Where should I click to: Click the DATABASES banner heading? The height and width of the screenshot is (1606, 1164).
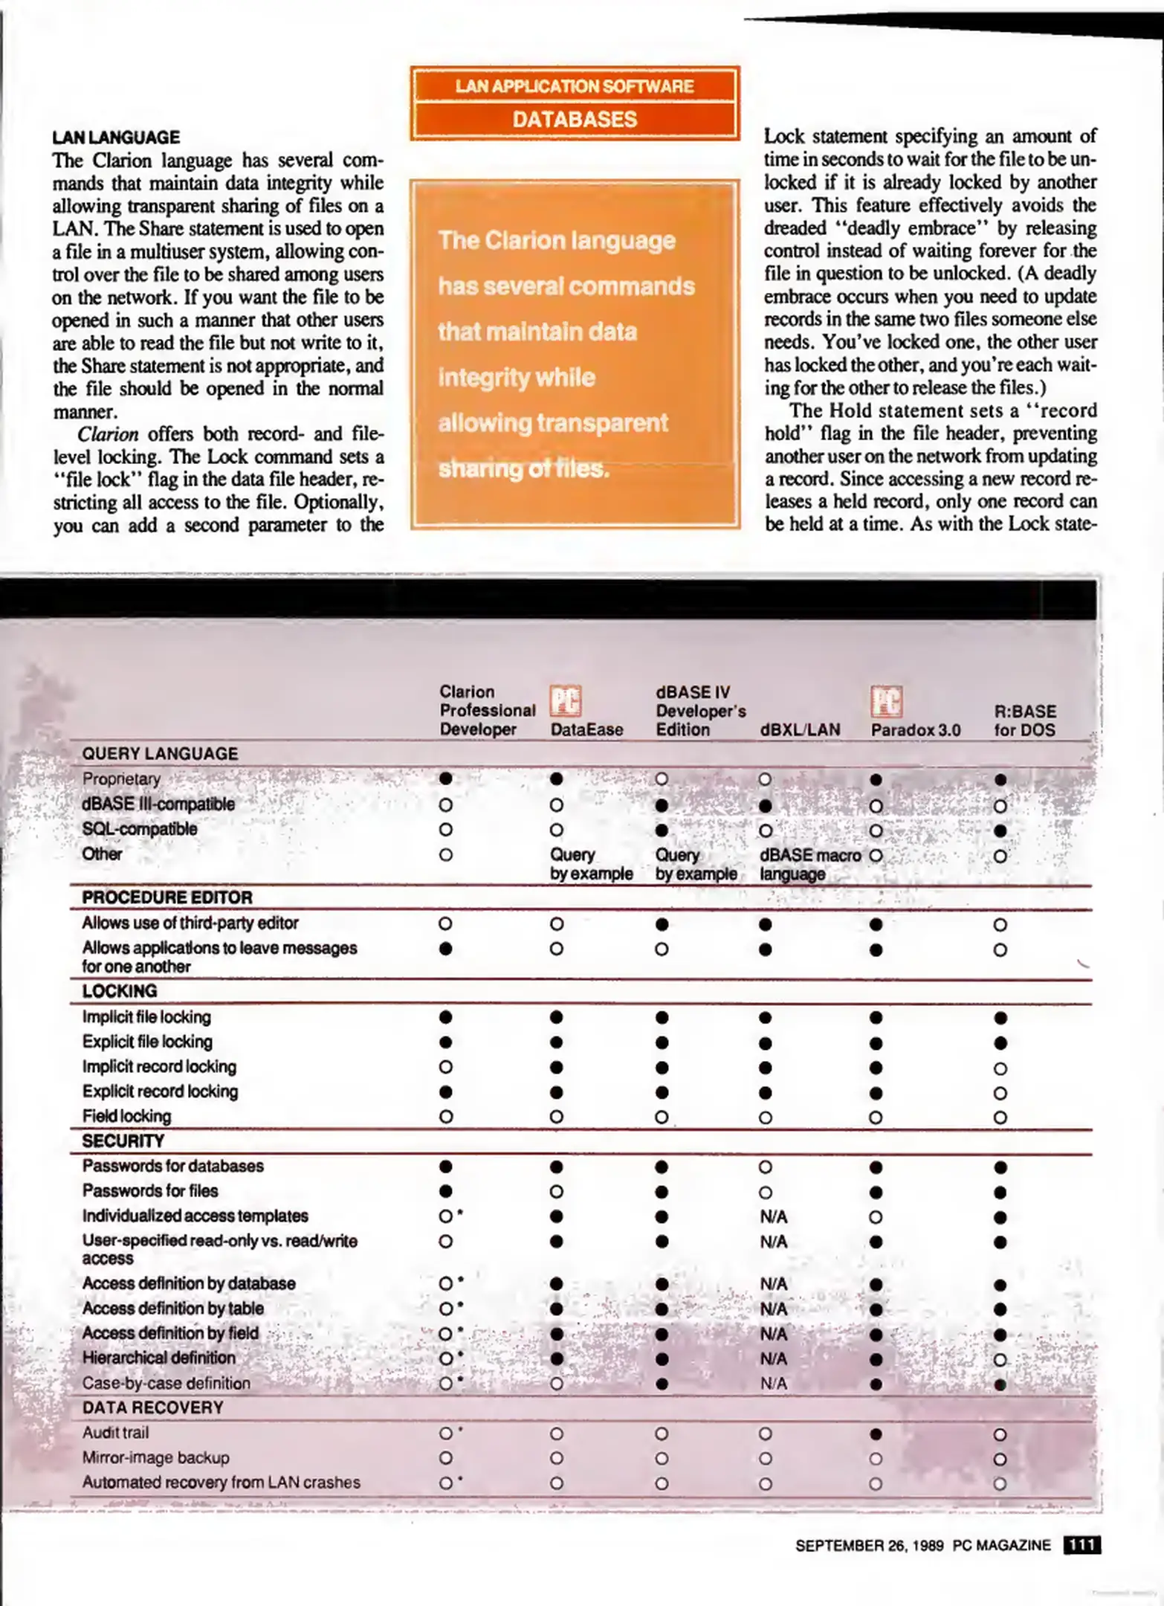tap(575, 119)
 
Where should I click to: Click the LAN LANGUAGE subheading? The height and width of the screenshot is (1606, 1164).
tap(116, 138)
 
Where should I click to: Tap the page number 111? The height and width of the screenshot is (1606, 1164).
tap(1081, 1545)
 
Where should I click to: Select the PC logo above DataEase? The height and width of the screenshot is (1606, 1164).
tap(565, 701)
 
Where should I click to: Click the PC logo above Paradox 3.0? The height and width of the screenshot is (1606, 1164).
tap(886, 701)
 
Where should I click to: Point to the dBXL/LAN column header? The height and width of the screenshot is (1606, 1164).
tap(800, 730)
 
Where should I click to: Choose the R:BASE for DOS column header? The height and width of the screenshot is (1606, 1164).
tap(1024, 720)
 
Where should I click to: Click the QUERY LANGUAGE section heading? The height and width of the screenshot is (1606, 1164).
tap(160, 754)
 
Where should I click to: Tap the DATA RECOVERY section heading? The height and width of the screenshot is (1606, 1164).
tap(152, 1407)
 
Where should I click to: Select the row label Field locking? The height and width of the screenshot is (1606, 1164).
tap(126, 1116)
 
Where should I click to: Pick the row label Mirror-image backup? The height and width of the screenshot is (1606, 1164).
tap(155, 1457)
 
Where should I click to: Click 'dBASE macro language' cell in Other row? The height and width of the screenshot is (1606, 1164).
tap(809, 864)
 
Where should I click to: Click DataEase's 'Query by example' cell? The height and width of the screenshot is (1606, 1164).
tap(591, 864)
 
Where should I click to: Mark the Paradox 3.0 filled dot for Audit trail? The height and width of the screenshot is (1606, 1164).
tap(876, 1434)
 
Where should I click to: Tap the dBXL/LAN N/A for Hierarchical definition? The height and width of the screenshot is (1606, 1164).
tap(773, 1358)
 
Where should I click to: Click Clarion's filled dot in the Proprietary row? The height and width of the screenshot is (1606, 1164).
tap(445, 778)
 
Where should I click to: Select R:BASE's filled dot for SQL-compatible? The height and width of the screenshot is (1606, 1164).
tap(1000, 830)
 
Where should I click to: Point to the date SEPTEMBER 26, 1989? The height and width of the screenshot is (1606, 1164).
tap(869, 1545)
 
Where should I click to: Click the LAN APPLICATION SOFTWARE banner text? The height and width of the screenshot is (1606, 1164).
tap(575, 86)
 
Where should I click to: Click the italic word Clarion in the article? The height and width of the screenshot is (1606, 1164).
tap(108, 433)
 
